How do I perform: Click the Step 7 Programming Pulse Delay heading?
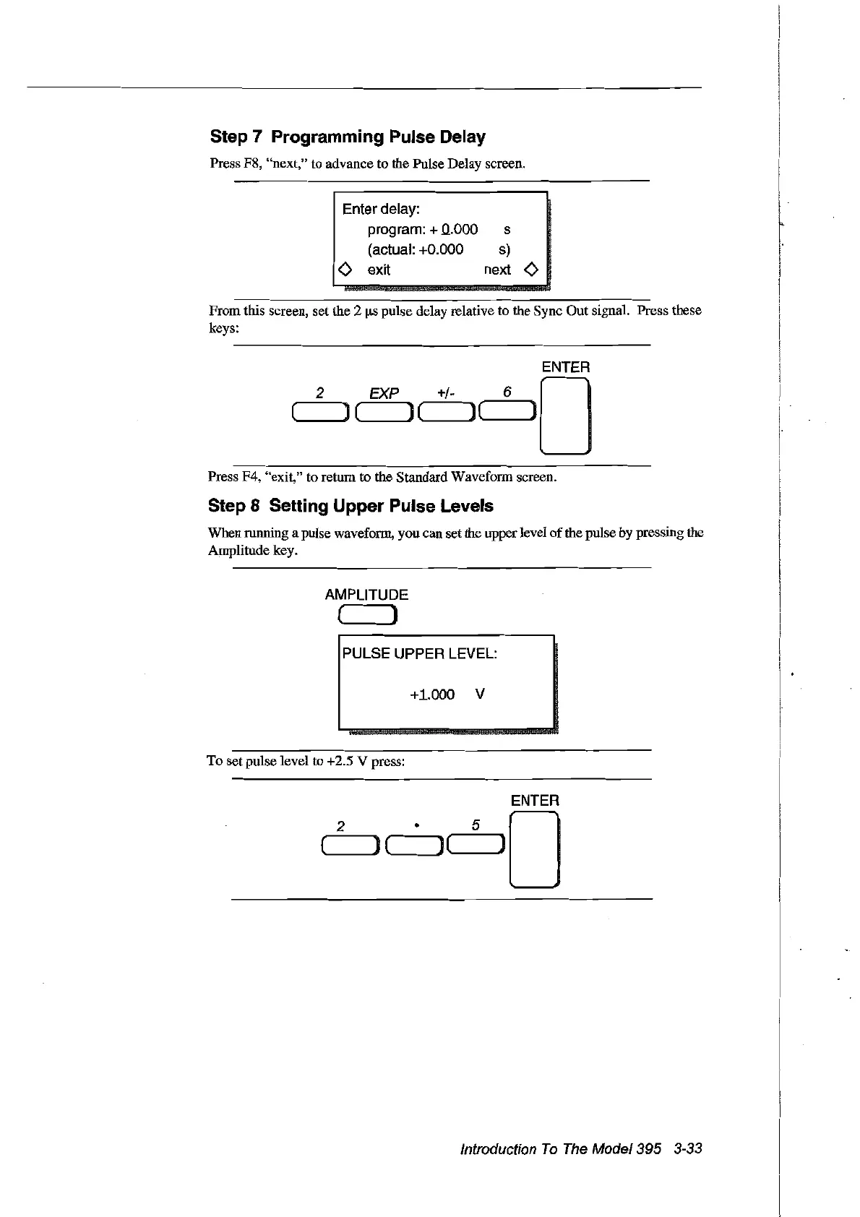[x=348, y=137]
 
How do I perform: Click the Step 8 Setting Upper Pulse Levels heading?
[x=351, y=506]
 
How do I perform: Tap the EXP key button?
[x=385, y=412]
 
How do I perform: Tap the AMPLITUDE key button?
[x=367, y=616]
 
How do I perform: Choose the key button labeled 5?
[x=476, y=844]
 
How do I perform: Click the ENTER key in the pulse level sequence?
[x=534, y=849]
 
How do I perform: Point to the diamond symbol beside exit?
[x=345, y=270]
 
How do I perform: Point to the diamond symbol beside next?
[x=531, y=270]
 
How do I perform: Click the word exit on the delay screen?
[x=379, y=270]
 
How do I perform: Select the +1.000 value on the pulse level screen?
[x=432, y=694]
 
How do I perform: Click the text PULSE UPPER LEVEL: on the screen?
[x=419, y=654]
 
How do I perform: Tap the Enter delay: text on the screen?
[x=381, y=209]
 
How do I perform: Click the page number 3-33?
[x=687, y=1149]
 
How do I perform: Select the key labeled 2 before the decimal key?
[x=349, y=844]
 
